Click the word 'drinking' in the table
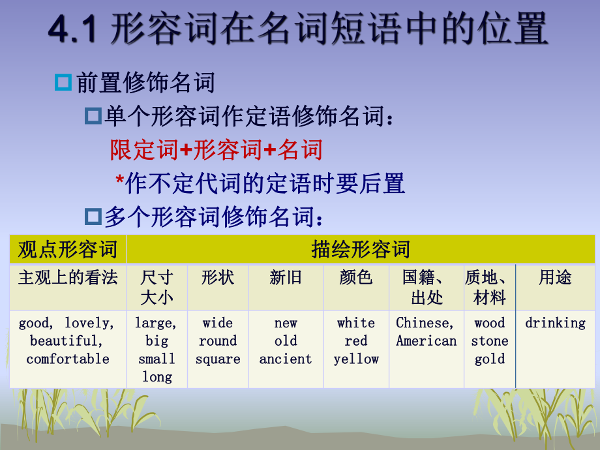coord(555,323)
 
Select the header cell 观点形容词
coord(68,249)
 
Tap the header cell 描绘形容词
coord(361,249)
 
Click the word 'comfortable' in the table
coord(68,359)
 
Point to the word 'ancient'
coord(286,359)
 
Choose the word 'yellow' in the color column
coord(356,359)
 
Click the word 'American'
coord(427,341)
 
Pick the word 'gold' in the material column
coord(490,359)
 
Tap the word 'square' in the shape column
coord(218,359)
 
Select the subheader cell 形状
coord(218,278)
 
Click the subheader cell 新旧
coord(286,278)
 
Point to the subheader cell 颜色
coord(356,278)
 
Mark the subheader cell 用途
coord(555,278)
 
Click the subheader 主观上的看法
coord(68,278)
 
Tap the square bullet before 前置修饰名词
coord(63,83)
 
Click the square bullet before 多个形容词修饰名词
coord(93,216)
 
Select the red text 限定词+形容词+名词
coord(217,150)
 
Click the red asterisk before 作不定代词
coord(119,181)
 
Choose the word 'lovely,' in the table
coord(89,323)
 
